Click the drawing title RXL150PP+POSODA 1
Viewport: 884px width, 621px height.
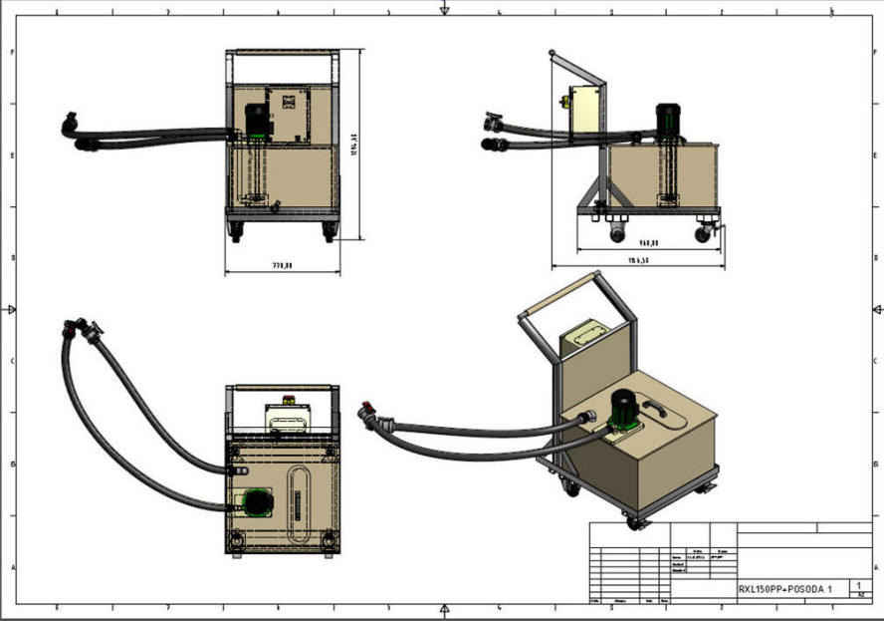[x=784, y=588]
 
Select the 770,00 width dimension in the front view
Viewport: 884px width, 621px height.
[x=284, y=265]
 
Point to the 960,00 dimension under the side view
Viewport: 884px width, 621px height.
[x=649, y=241]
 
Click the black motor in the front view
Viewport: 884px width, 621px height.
[x=257, y=122]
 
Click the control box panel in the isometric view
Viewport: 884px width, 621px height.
[x=588, y=336]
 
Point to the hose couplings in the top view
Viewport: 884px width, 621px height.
[x=83, y=328]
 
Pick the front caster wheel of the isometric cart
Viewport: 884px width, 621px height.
[x=631, y=519]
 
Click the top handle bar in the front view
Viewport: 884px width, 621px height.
[x=284, y=53]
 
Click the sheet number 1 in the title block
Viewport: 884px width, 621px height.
[x=857, y=585]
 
